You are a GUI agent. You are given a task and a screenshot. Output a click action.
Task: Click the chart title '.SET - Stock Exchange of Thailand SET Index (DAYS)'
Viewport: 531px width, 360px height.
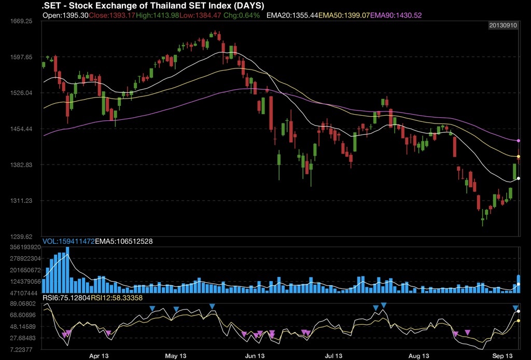tap(152, 5)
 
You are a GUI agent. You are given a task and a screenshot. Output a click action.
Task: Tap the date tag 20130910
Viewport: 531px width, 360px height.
tap(503, 25)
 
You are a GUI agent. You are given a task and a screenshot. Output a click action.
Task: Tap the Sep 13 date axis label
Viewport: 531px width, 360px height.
tap(502, 356)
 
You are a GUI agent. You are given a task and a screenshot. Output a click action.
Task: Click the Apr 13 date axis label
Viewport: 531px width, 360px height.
tap(99, 356)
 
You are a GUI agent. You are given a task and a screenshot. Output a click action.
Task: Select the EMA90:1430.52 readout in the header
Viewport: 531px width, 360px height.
tap(396, 16)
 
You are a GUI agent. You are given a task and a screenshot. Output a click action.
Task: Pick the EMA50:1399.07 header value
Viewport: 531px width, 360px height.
tap(344, 16)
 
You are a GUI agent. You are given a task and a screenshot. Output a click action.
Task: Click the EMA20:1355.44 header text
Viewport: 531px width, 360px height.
tap(292, 16)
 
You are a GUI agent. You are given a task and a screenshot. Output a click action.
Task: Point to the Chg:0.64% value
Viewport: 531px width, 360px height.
tap(242, 16)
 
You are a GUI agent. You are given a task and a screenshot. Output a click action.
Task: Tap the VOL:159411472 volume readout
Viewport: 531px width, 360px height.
tap(69, 241)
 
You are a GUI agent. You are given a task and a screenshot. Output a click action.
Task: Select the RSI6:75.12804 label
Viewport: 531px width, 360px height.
tap(66, 298)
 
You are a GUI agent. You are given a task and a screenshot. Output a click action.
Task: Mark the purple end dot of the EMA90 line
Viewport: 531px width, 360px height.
tap(519, 141)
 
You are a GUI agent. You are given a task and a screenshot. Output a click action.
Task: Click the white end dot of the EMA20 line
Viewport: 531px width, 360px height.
tap(519, 178)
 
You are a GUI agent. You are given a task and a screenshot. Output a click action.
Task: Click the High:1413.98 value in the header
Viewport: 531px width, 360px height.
tap(157, 16)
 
